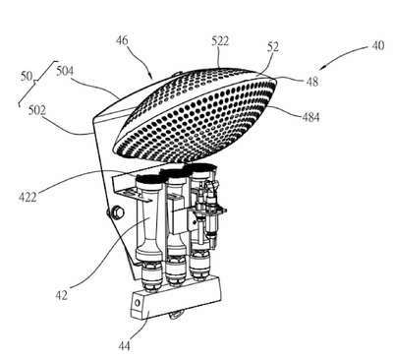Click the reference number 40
[x=378, y=45]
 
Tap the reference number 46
[x=122, y=41]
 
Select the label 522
[x=220, y=41]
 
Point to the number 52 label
[x=273, y=47]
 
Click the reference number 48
[x=312, y=82]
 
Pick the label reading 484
[x=310, y=117]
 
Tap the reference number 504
[x=65, y=71]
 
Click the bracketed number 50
[x=27, y=77]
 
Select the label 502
[x=36, y=111]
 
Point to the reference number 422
[x=28, y=198]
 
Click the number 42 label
[x=61, y=295]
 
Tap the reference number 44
[x=124, y=346]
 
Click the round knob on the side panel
[x=116, y=212]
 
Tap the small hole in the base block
[x=137, y=303]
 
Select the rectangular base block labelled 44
[x=176, y=298]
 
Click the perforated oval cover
[x=195, y=116]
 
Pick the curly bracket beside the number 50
[x=36, y=82]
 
